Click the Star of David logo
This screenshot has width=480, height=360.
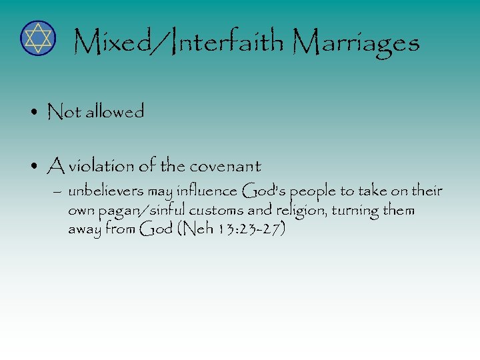click(x=37, y=38)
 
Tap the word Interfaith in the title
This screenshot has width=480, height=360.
click(x=227, y=43)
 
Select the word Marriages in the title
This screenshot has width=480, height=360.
click(x=356, y=44)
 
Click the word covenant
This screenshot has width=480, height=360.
click(x=224, y=165)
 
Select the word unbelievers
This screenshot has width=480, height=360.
click(x=105, y=192)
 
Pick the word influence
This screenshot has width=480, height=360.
click(x=205, y=192)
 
